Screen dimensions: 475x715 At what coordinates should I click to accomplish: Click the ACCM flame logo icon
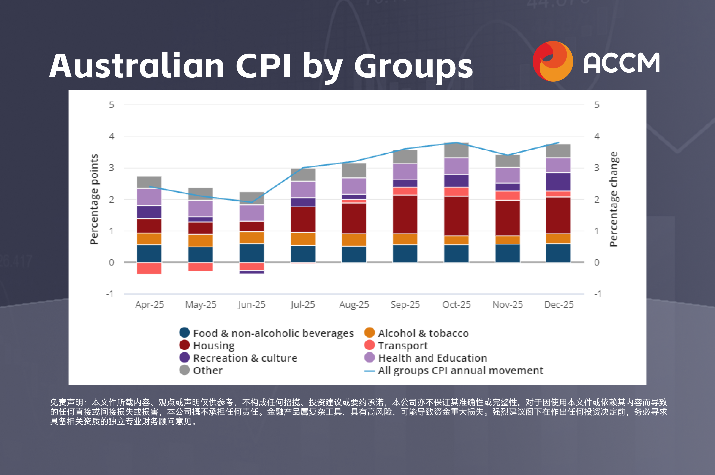coord(553,62)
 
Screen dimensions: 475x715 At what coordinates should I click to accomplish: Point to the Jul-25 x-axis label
coord(303,304)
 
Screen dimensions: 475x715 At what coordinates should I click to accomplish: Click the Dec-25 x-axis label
coord(559,304)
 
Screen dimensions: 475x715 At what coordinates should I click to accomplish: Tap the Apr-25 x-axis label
coord(150,304)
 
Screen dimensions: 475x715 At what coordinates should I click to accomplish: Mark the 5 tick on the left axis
coord(112,105)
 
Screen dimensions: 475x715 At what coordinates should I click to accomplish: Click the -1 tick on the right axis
coord(597,293)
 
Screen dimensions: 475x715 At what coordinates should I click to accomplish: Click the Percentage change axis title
coord(614,199)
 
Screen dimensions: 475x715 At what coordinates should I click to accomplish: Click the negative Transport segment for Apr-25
coord(149,268)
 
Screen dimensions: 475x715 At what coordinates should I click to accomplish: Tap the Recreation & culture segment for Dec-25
coord(558,182)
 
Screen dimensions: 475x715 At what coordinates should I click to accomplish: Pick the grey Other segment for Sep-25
coord(405,156)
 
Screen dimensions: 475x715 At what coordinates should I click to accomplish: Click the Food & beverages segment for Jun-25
coord(252,253)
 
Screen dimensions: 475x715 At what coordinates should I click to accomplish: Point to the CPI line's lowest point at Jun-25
coord(252,202)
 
